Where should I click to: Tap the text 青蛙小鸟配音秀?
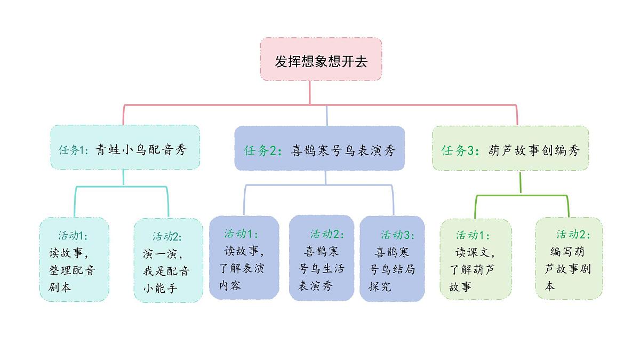click(x=141, y=150)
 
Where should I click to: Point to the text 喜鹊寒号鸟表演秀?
click(x=342, y=150)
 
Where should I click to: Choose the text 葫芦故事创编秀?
click(x=533, y=150)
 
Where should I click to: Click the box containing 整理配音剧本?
click(x=74, y=259)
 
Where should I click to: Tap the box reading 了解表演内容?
click(x=244, y=258)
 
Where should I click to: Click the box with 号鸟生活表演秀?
click(x=321, y=258)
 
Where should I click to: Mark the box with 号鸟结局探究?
click(x=392, y=259)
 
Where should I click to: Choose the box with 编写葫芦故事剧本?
click(x=569, y=258)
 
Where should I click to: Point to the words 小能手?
click(x=160, y=289)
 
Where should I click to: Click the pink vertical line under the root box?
click(x=310, y=92)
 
